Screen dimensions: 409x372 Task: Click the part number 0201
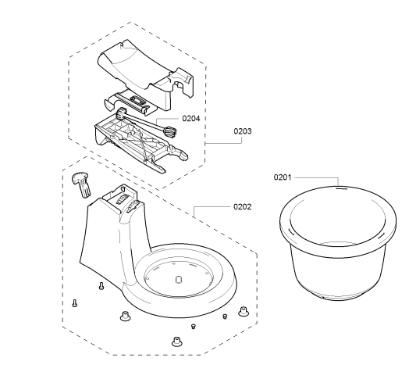tap(283, 177)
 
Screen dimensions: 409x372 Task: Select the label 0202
tap(243, 206)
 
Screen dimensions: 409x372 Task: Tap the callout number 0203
tap(243, 131)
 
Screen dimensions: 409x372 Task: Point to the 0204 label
tap(191, 118)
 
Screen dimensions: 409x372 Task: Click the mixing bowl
tap(338, 243)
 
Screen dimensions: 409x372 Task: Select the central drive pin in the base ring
tap(179, 279)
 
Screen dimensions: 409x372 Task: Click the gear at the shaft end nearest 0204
tap(170, 131)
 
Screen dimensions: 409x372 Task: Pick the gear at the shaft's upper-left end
tap(121, 114)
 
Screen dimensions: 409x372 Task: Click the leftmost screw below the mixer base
tap(75, 303)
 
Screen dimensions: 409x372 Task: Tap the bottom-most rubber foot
tap(177, 342)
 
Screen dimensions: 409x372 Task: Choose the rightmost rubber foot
tap(244, 311)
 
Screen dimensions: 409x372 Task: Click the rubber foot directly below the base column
tap(125, 316)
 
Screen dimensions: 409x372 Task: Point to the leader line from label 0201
tap(317, 178)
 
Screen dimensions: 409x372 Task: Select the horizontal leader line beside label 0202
tap(212, 206)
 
